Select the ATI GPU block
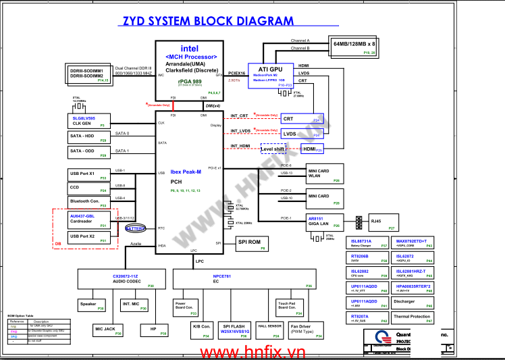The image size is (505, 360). (x=271, y=74)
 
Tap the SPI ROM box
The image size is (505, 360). (x=254, y=244)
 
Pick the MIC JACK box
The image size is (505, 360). (x=105, y=330)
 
